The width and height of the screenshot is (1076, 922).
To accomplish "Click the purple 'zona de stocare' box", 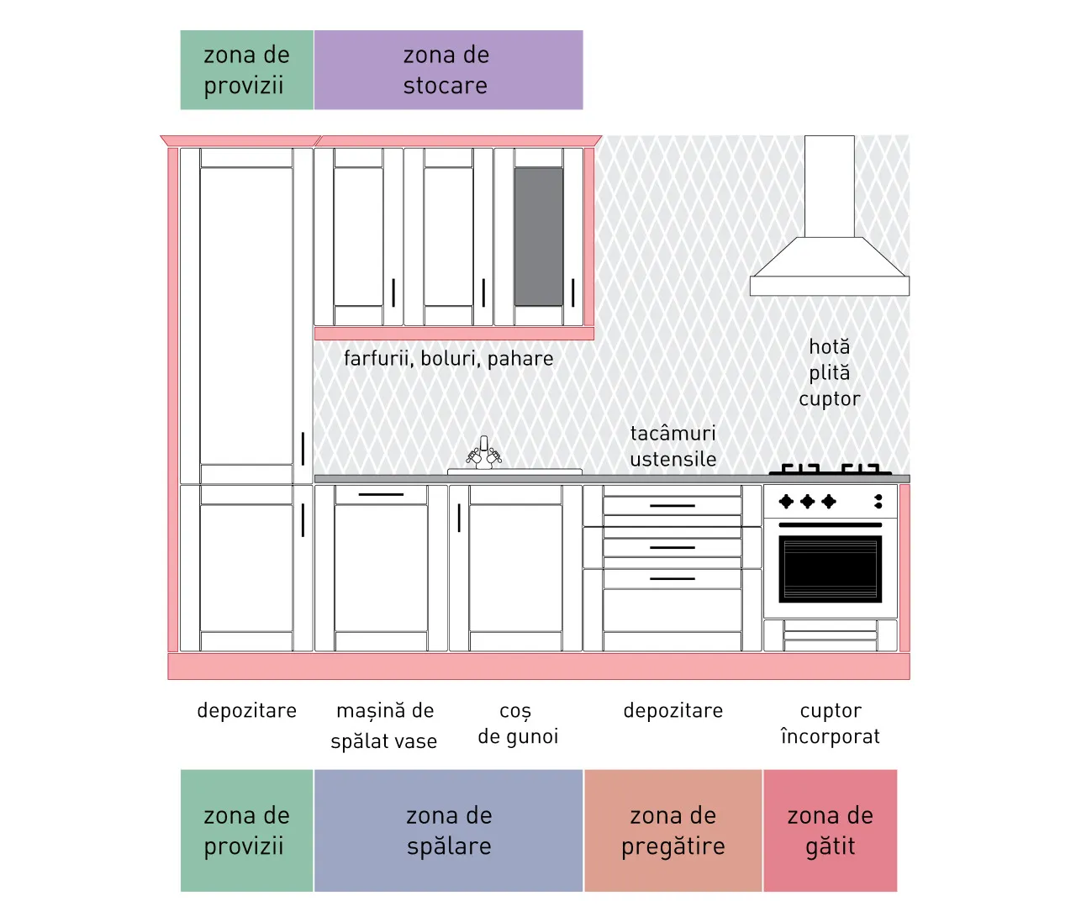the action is (448, 70).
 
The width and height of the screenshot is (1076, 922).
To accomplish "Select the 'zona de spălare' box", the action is (448, 830).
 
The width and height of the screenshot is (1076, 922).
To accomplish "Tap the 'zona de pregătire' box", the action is (673, 830).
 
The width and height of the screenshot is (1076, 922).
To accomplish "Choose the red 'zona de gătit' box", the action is (831, 830).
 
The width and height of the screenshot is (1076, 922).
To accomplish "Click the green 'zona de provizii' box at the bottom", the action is (247, 830).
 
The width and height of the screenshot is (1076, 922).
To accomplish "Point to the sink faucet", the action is (483, 452).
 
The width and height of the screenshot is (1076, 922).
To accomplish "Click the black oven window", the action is (831, 569).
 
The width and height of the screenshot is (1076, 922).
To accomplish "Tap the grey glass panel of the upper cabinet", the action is (539, 236).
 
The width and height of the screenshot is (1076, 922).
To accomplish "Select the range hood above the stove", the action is (830, 215).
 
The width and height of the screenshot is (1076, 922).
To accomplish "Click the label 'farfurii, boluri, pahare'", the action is (448, 358).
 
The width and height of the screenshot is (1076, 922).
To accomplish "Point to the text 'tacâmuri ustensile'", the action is (673, 446).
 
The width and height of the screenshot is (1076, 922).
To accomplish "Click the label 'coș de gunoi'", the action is (518, 724).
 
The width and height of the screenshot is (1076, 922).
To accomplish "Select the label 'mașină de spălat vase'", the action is (384, 725).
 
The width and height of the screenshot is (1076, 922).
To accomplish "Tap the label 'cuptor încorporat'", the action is (831, 723).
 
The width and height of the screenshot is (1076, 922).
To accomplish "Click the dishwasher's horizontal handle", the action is (381, 494).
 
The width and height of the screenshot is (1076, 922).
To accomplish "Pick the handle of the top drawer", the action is (672, 505).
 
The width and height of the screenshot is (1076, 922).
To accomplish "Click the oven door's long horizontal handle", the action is (831, 524).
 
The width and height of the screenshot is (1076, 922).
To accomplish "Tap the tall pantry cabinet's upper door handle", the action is (303, 448).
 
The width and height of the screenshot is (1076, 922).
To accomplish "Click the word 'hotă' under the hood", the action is (829, 347).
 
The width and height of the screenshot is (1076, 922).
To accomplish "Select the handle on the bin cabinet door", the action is (459, 518).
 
